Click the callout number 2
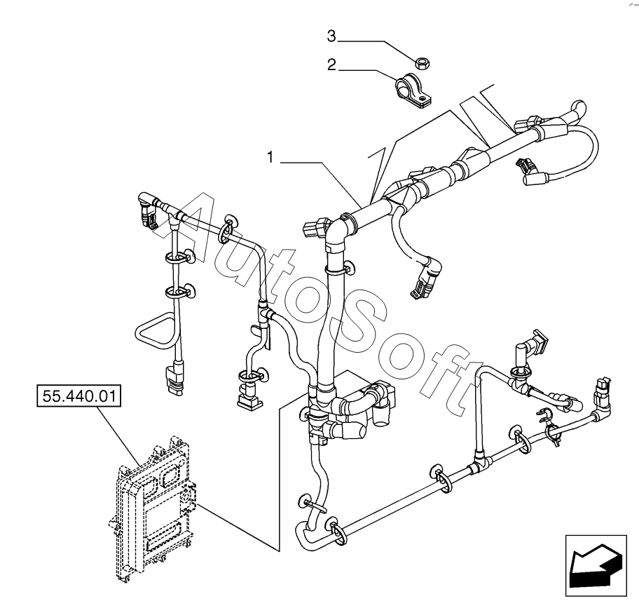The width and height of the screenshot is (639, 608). pyautogui.click(x=332, y=66)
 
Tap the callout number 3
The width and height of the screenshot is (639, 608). pyautogui.click(x=332, y=35)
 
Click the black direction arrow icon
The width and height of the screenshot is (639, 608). pyautogui.click(x=595, y=563)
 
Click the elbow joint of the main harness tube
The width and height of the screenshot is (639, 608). pyautogui.click(x=338, y=228)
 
